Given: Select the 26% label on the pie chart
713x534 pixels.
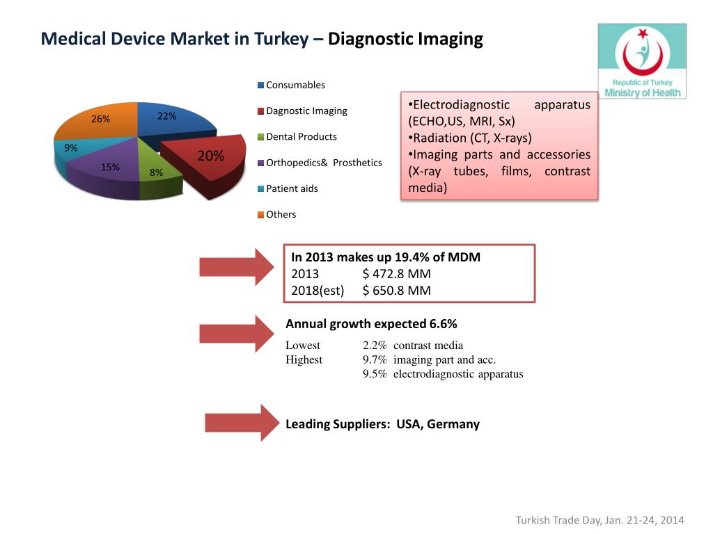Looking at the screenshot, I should click(101, 119).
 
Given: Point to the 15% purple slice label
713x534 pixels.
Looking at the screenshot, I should click(110, 167).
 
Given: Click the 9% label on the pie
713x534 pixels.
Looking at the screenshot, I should click(70, 147).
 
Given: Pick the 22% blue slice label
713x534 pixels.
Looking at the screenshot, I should click(166, 116).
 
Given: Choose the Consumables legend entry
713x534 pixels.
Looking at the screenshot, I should click(295, 85).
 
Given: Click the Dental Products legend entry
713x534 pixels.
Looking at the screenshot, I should click(301, 137).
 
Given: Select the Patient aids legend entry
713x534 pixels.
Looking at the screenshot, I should click(292, 188).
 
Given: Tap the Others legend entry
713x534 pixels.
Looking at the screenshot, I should click(281, 214).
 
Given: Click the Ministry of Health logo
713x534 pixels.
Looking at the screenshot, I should click(642, 61).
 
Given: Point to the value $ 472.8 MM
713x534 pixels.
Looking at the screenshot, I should click(396, 274).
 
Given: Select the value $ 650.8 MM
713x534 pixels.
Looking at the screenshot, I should click(396, 291).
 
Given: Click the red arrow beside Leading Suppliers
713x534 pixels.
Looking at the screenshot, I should click(241, 423).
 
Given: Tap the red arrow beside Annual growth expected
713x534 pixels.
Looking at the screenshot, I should click(237, 333).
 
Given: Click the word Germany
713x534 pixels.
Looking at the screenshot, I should click(453, 424).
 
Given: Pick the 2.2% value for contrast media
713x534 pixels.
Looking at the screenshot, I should click(375, 346).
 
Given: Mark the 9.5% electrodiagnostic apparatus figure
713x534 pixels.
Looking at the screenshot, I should click(375, 374).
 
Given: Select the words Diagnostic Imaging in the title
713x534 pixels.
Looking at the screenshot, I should click(405, 39).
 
